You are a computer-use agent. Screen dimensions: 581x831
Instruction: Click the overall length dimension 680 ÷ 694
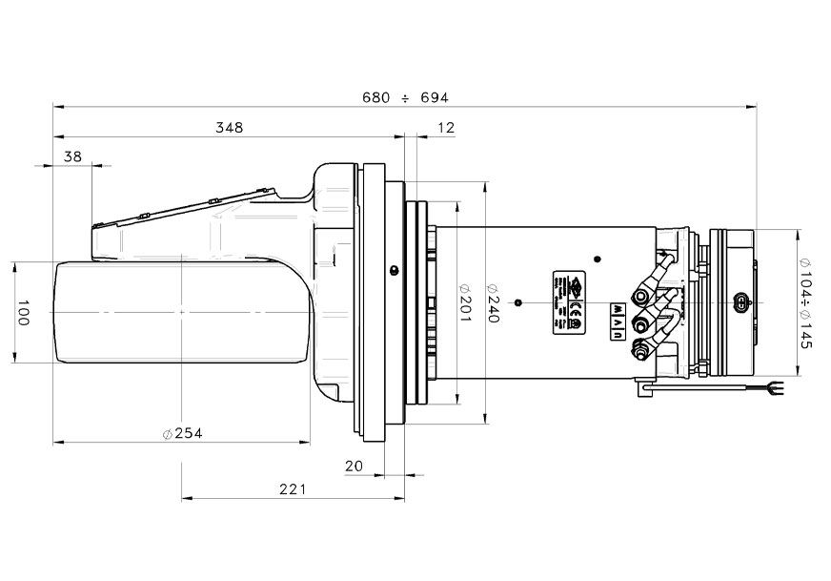point(405,98)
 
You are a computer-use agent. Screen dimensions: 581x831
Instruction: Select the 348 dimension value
point(230,127)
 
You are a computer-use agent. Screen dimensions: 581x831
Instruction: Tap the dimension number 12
point(445,127)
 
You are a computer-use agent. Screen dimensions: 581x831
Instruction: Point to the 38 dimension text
point(73,156)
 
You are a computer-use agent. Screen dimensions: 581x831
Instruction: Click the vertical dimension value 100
point(24,312)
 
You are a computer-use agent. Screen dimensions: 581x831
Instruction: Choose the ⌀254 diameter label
point(182,433)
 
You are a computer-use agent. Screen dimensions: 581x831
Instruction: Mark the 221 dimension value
point(293,489)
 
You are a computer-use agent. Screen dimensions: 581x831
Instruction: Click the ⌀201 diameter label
point(466,303)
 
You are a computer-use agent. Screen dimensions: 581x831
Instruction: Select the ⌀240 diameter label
point(494,303)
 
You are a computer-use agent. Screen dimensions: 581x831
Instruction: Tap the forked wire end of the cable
point(775,388)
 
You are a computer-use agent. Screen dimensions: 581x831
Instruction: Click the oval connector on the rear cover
point(740,303)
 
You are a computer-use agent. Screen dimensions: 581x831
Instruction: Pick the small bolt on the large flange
point(392,271)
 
